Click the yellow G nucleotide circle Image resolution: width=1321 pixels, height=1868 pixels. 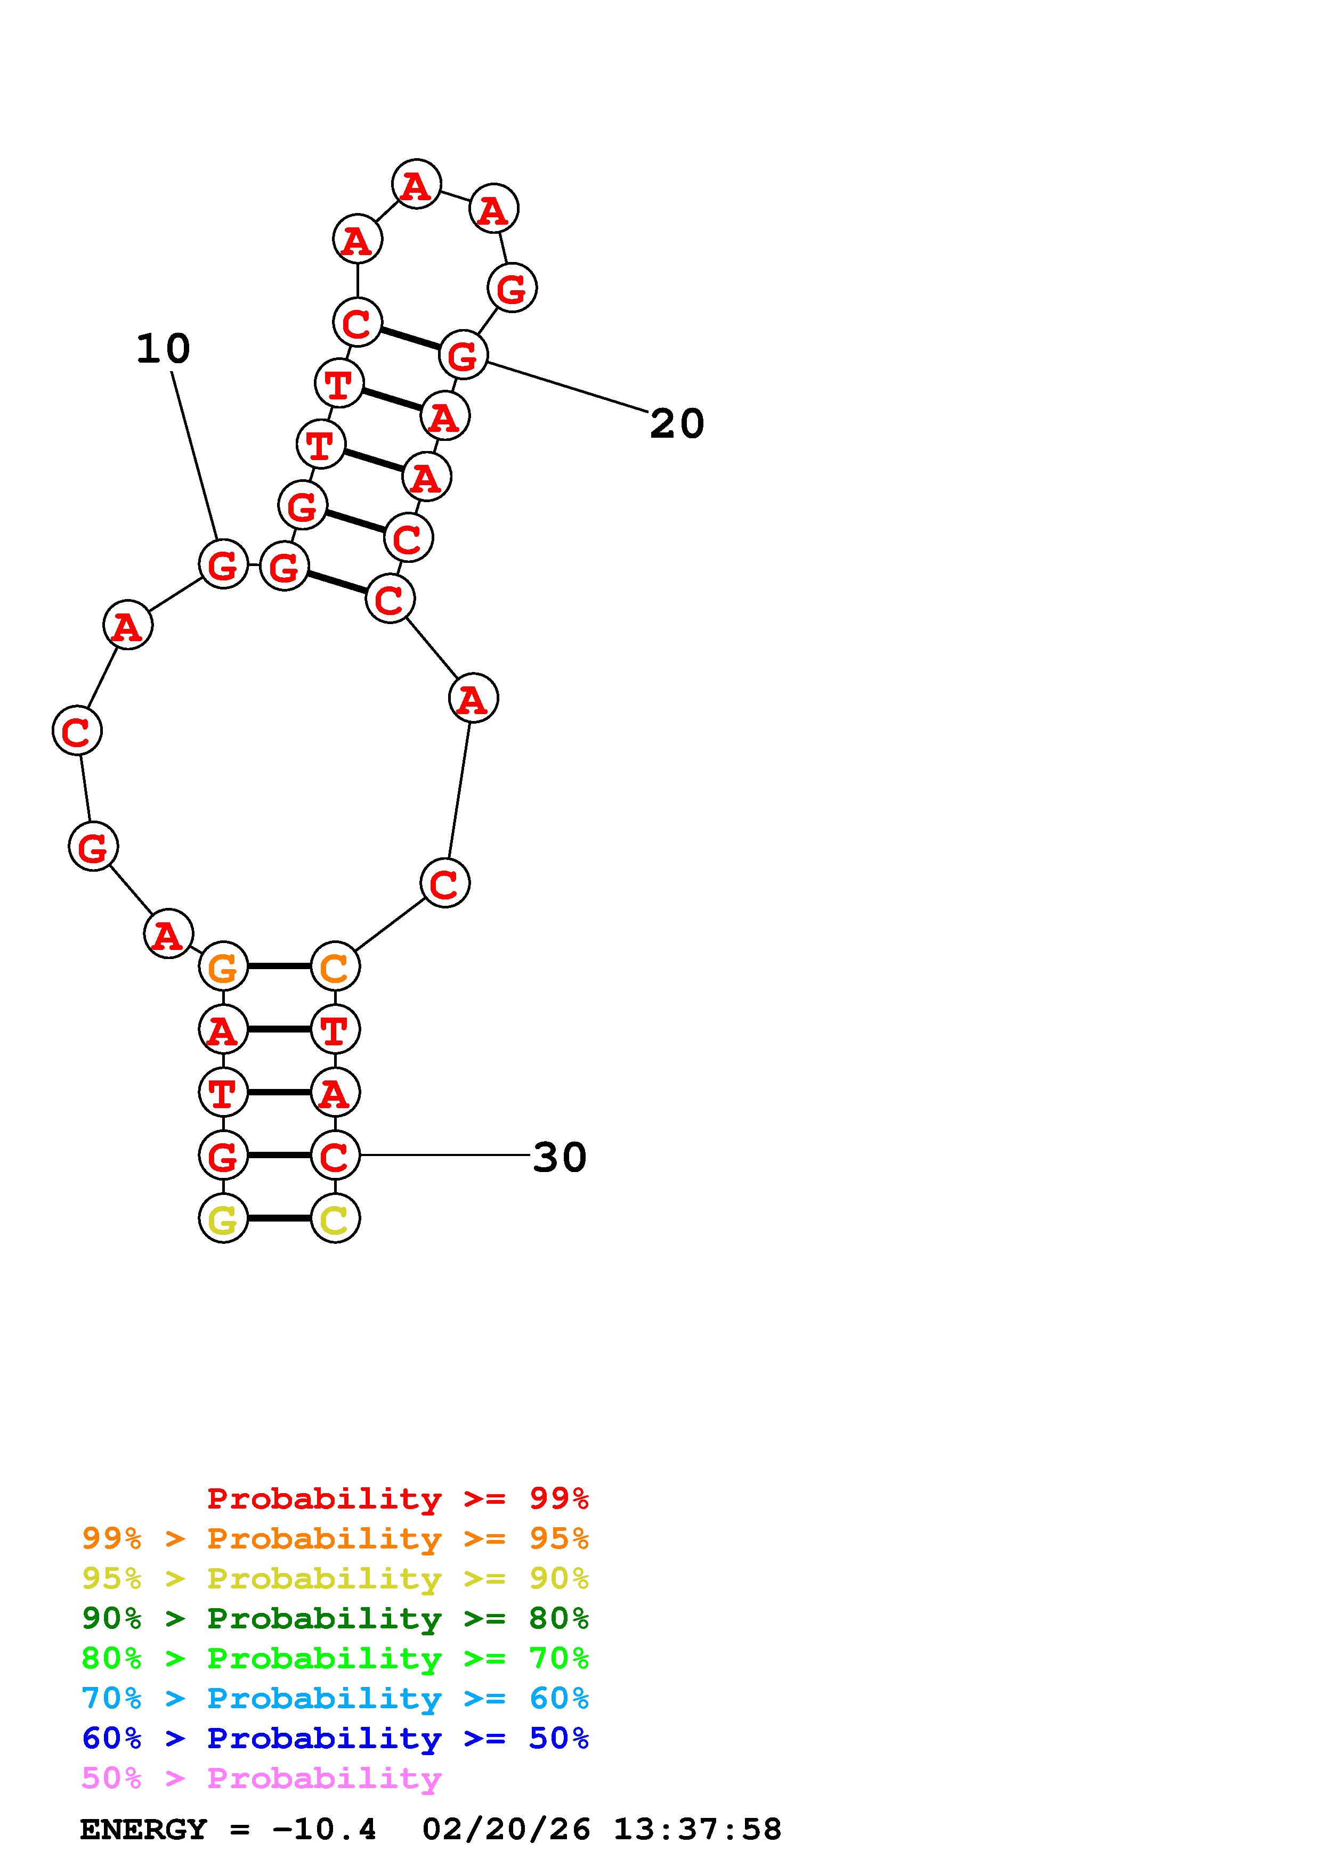[223, 1218]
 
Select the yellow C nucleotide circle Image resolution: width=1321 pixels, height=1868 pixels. [335, 1218]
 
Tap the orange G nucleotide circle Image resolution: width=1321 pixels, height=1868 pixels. [223, 966]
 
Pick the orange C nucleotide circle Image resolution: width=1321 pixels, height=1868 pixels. [335, 966]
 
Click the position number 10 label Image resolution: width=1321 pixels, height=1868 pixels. [163, 349]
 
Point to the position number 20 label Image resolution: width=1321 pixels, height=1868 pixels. [676, 424]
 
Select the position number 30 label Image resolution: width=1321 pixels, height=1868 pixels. [559, 1157]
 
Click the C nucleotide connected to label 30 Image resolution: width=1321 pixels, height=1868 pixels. [335, 1154]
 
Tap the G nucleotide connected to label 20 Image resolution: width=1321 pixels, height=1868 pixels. [463, 355]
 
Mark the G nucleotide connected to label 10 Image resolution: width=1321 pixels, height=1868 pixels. [223, 564]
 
